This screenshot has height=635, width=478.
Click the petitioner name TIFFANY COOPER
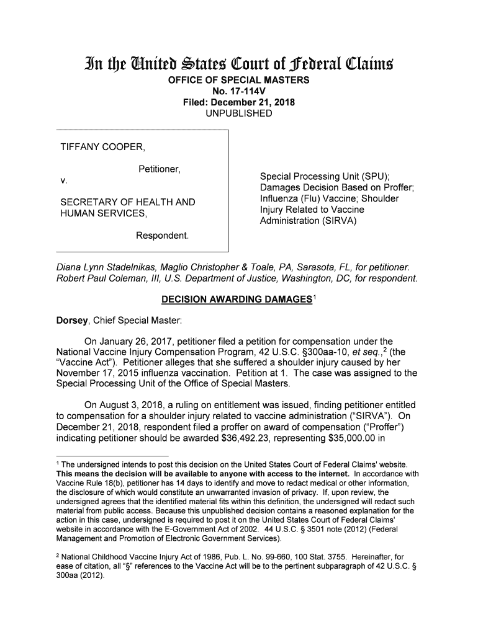pos(102,148)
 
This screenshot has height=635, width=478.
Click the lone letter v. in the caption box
pos(63,182)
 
